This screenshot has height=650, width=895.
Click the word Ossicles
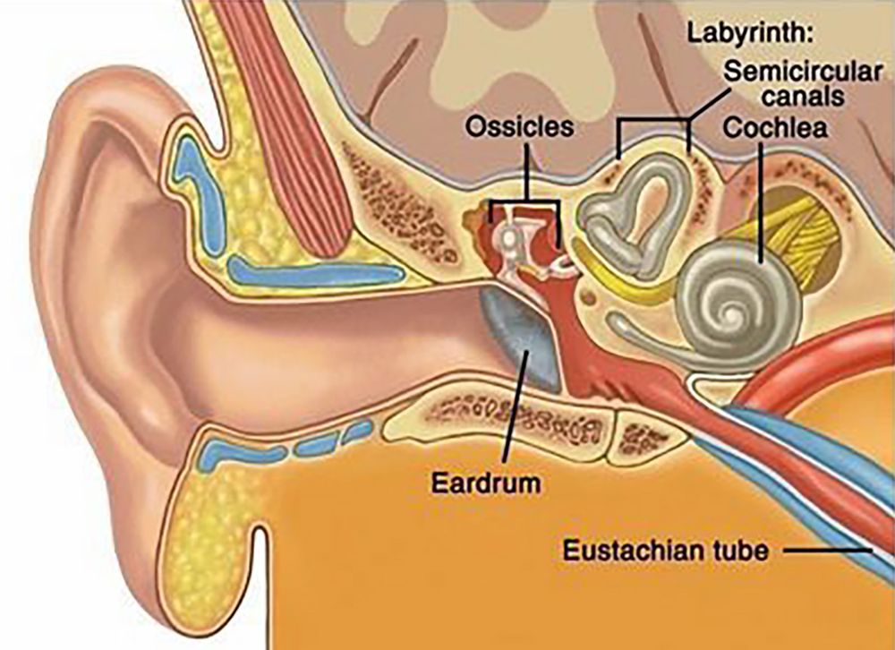(x=519, y=126)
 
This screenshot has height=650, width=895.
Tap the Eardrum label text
(x=486, y=483)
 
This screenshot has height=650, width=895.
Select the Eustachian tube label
(x=666, y=550)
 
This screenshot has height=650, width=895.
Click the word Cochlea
(x=775, y=127)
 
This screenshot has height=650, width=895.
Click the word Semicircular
(x=803, y=72)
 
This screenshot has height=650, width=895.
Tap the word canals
(x=803, y=96)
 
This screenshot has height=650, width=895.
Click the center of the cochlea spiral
(x=731, y=313)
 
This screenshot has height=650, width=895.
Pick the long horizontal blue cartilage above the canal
(x=316, y=273)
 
